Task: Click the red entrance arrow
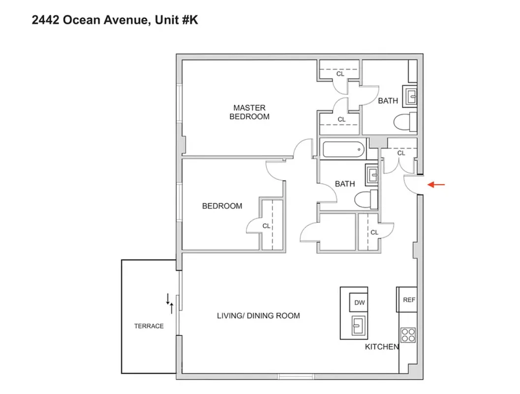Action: (436, 185)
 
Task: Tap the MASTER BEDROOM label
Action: (249, 112)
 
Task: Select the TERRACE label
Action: (149, 326)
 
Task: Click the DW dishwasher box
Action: (359, 302)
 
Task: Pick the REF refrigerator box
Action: (409, 299)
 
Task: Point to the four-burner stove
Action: (408, 335)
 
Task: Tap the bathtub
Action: (343, 149)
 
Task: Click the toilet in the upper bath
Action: (405, 122)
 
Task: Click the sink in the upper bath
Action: (410, 96)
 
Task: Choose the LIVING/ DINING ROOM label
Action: (258, 316)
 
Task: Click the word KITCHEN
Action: (382, 347)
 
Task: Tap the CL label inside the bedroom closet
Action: (266, 226)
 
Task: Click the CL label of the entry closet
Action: (401, 153)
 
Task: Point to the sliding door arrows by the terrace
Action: (170, 303)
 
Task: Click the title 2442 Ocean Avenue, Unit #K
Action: (115, 20)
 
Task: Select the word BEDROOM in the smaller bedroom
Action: (222, 206)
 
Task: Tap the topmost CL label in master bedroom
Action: (340, 74)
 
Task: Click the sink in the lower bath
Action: (372, 174)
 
